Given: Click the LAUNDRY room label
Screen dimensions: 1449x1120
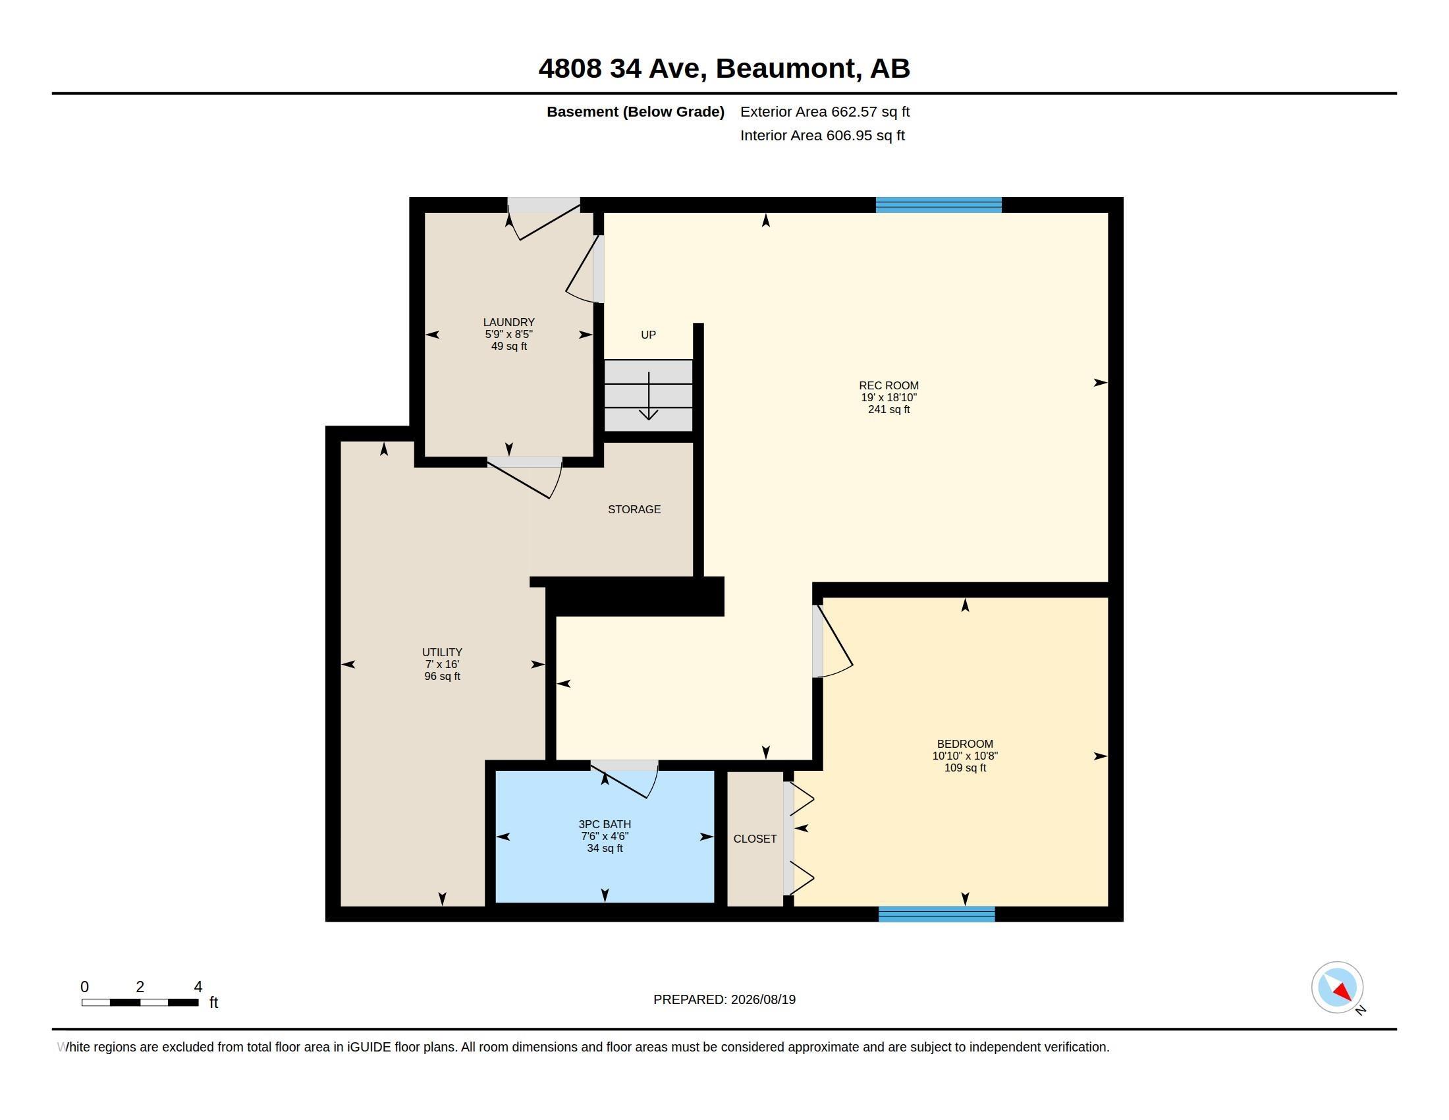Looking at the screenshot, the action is tap(509, 322).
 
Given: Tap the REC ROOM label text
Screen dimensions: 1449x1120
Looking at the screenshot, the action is tap(889, 385).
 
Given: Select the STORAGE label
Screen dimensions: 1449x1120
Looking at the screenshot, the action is tap(634, 509).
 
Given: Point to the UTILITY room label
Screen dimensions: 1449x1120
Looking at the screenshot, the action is tap(442, 652).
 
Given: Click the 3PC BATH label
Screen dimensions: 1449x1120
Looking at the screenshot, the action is tap(605, 824).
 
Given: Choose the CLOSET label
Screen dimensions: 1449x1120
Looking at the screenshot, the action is tap(755, 839).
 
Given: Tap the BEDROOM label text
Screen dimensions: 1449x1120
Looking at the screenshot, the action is tap(965, 744).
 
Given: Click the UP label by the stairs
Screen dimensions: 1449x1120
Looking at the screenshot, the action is tap(648, 335).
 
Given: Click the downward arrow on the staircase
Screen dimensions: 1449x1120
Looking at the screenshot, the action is tap(648, 396).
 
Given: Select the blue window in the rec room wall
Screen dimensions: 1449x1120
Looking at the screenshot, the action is tap(938, 204).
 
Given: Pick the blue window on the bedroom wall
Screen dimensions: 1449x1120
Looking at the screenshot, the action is tap(936, 914).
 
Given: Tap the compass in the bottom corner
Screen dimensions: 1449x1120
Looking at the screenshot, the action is tap(1337, 988).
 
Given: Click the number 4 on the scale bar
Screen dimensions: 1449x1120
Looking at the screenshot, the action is tap(198, 987).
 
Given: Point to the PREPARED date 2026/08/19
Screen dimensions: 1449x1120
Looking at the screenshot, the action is tap(763, 999).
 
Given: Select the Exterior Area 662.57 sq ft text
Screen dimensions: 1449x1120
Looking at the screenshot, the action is tap(825, 111).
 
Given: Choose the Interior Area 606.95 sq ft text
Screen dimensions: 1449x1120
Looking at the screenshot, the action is tap(822, 135).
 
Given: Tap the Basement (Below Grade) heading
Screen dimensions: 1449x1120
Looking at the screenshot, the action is tap(635, 111).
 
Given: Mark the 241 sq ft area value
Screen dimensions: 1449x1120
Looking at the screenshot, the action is tap(889, 409).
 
